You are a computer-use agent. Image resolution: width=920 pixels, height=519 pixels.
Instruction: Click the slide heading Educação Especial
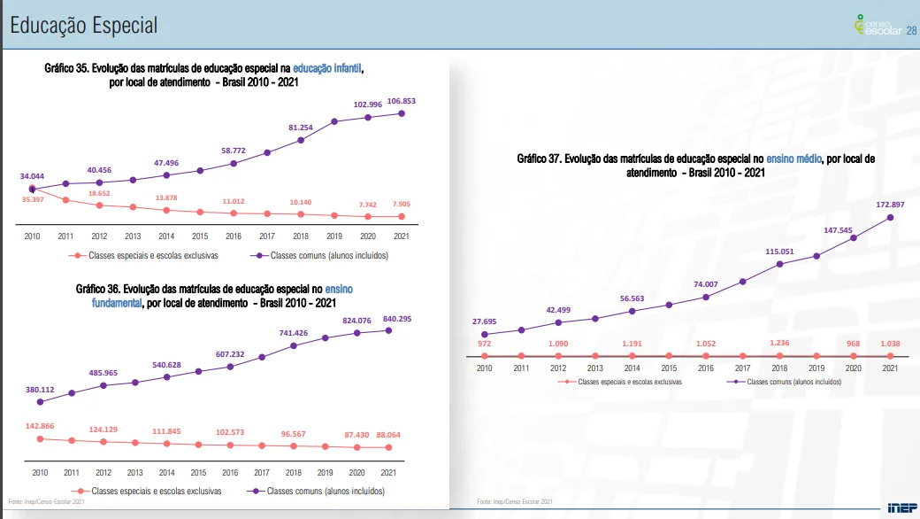pyautogui.click(x=83, y=26)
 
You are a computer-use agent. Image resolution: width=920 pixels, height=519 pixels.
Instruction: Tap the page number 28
pyautogui.click(x=913, y=31)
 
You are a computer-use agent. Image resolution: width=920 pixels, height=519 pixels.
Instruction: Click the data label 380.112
pyautogui.click(x=40, y=389)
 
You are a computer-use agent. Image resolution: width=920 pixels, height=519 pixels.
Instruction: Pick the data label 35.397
pyautogui.click(x=33, y=200)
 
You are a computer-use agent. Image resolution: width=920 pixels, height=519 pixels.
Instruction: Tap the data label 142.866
pyautogui.click(x=40, y=426)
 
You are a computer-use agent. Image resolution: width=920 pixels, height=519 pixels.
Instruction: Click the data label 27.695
pyautogui.click(x=484, y=321)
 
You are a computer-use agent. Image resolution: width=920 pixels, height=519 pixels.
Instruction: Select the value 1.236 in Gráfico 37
pyautogui.click(x=779, y=343)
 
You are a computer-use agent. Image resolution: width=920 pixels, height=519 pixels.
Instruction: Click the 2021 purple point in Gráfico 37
pyautogui.click(x=890, y=217)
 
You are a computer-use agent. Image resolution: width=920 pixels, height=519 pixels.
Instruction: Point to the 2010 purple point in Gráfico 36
pyautogui.click(x=40, y=401)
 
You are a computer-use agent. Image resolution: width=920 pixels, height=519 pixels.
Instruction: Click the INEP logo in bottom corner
pyautogui.click(x=901, y=507)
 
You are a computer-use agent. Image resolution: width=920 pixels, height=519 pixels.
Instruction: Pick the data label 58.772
pyautogui.click(x=234, y=151)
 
